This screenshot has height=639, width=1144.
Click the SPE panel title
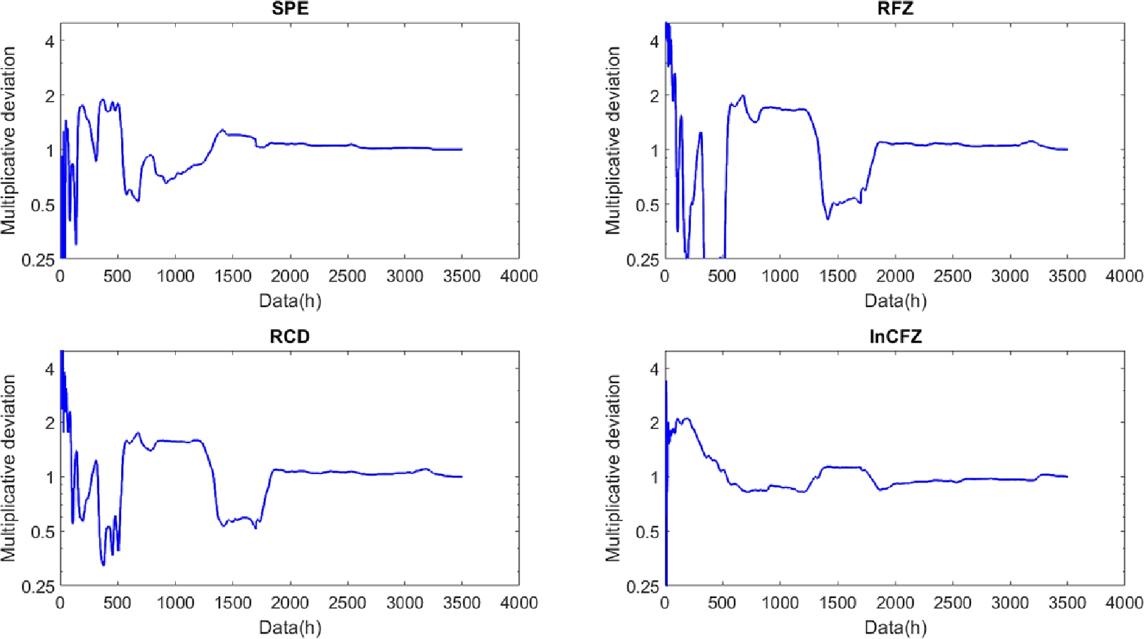[290, 9]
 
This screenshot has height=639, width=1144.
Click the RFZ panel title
[896, 9]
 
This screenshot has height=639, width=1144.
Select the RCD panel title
[290, 337]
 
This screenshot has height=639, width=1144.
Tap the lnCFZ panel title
[895, 337]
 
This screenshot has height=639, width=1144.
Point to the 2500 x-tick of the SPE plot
[347, 276]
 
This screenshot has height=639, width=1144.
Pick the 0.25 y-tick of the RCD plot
[38, 587]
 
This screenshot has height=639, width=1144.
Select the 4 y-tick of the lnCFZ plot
[654, 369]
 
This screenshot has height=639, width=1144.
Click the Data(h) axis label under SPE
[290, 300]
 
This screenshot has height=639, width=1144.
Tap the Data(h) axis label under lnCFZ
[896, 628]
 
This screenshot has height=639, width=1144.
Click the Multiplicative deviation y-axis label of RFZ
[613, 140]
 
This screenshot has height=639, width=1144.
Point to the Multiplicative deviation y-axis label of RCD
[8, 468]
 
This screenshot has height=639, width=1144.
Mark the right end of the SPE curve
[462, 149]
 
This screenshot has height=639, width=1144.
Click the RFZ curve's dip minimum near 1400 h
[828, 219]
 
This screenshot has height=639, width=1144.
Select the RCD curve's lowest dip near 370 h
[103, 564]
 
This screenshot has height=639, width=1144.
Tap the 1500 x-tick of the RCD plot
[233, 603]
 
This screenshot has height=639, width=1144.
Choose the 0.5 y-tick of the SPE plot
[43, 205]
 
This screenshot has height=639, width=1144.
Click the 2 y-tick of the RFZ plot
[654, 96]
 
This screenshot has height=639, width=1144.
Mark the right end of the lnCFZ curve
[1067, 477]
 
